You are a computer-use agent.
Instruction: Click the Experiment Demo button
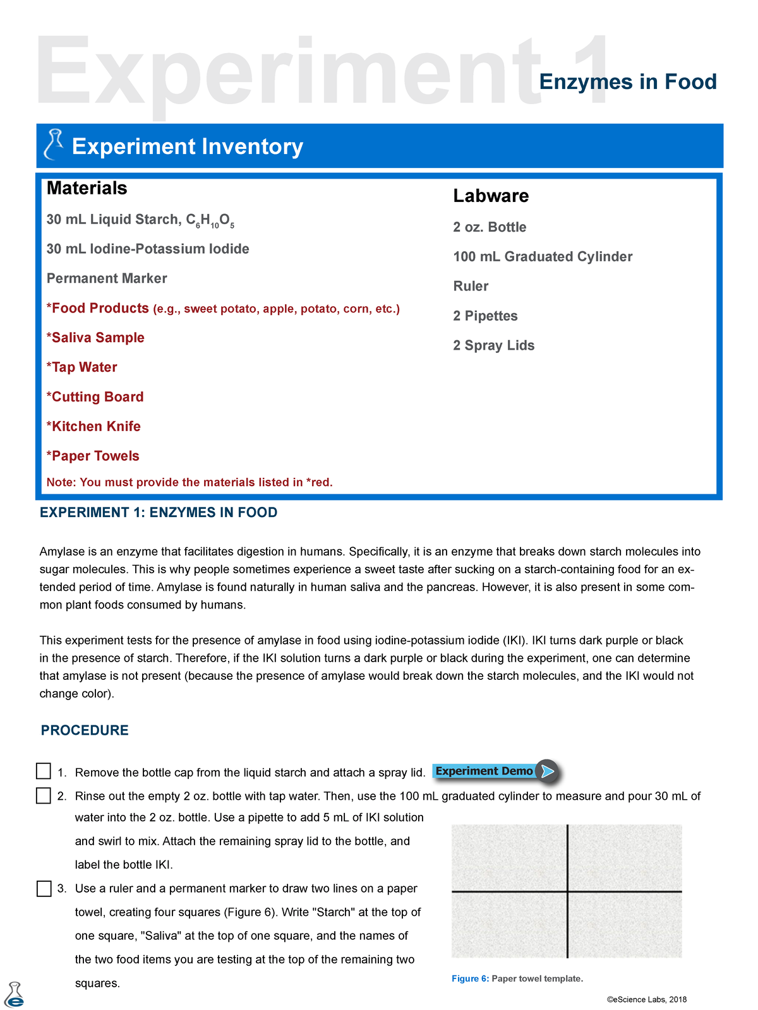(x=495, y=771)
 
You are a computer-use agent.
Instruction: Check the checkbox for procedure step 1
(x=44, y=771)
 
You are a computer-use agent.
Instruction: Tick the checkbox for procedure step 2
(x=44, y=795)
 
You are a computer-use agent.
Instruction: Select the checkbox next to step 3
(x=44, y=888)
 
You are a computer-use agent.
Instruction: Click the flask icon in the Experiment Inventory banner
(x=54, y=145)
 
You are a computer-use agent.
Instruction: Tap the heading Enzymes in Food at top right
(x=627, y=82)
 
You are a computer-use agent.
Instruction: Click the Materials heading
(x=87, y=188)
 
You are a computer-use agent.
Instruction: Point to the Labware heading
(x=491, y=196)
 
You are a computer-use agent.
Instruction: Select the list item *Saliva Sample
(x=95, y=338)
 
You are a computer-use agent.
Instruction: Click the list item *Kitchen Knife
(x=93, y=426)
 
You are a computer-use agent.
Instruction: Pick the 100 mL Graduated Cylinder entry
(x=543, y=256)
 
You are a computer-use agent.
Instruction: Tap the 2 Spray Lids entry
(x=493, y=345)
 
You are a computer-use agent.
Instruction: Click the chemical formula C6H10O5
(x=210, y=220)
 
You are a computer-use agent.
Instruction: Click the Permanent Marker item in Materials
(x=107, y=278)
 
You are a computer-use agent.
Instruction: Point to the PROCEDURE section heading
(x=85, y=730)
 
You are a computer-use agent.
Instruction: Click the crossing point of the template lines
(x=568, y=891)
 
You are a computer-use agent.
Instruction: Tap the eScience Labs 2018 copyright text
(x=646, y=999)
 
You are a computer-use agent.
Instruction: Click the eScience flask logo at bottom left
(x=15, y=995)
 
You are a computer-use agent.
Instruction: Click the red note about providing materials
(x=189, y=482)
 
